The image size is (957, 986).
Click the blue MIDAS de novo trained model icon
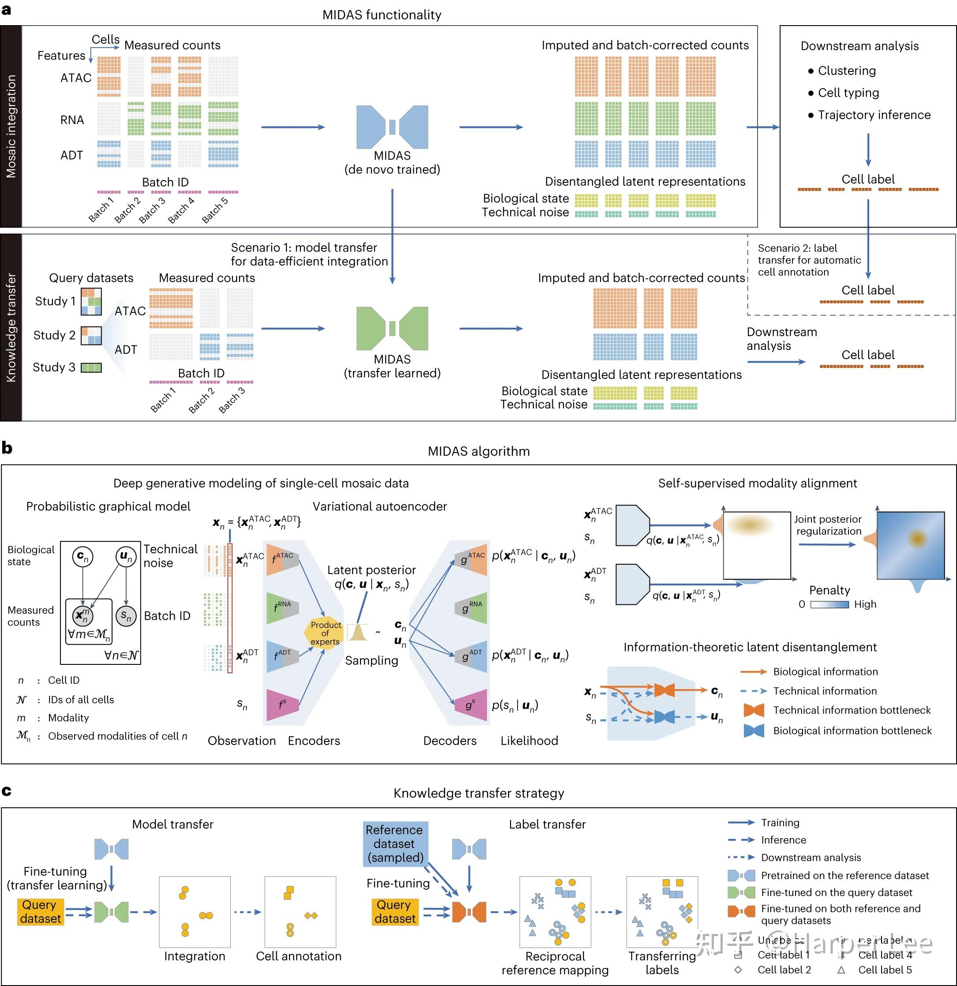[x=392, y=127]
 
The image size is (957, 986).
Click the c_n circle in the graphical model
[x=83, y=557]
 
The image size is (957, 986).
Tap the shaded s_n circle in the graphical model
[x=126, y=615]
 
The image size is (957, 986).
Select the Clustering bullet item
[x=846, y=71]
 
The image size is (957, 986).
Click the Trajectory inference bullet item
[x=874, y=115]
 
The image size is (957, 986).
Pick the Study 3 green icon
[x=91, y=368]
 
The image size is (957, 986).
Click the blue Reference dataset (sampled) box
[x=394, y=844]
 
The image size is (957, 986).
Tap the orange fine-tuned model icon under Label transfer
[x=469, y=912]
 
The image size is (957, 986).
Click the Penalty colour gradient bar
[x=829, y=605]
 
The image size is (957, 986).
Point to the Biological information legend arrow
[x=753, y=671]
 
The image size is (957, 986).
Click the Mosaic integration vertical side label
[x=11, y=126]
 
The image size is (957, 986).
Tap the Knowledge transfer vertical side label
[x=11, y=327]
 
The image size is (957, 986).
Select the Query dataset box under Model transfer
[x=41, y=911]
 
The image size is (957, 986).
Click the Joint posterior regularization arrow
[x=827, y=544]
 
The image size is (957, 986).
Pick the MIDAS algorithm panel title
[x=478, y=451]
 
